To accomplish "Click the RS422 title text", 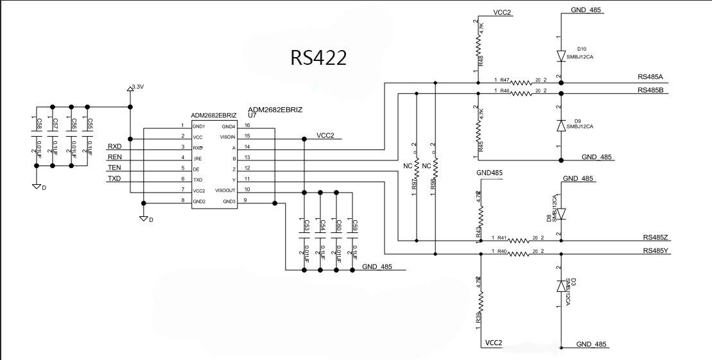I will pyautogui.click(x=318, y=57).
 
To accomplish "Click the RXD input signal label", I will pyautogui.click(x=114, y=147).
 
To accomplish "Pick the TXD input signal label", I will pyautogui.click(x=114, y=178).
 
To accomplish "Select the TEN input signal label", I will pyautogui.click(x=114, y=168).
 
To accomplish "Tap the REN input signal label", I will pyautogui.click(x=114, y=157).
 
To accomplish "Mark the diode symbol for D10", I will pyautogui.click(x=560, y=56).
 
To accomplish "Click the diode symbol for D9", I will pyautogui.click(x=560, y=126).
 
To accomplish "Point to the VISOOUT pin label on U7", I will pyautogui.click(x=224, y=191).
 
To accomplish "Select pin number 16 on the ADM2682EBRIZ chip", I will pyautogui.click(x=246, y=126).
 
